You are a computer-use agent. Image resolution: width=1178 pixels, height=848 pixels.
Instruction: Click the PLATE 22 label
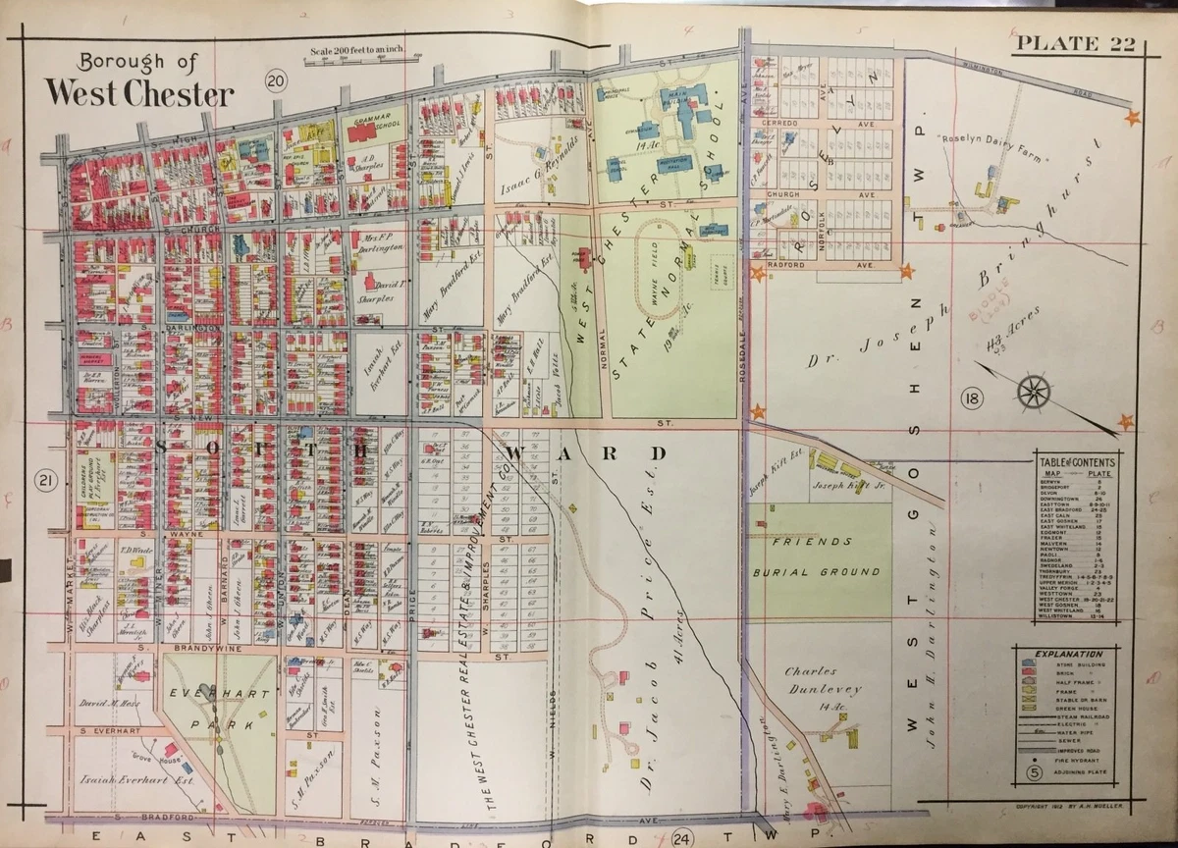[x=1075, y=42]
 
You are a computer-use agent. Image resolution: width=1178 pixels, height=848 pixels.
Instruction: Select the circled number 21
[x=44, y=480]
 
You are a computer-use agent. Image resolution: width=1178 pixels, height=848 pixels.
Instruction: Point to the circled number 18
[x=972, y=398]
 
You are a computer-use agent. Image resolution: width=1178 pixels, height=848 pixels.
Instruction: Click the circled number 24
[x=682, y=837]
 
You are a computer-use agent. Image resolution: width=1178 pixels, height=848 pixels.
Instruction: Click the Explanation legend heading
[x=1068, y=654]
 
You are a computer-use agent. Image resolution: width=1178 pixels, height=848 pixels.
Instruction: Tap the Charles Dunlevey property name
[x=823, y=680]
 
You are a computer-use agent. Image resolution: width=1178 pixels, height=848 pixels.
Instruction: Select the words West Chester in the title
[x=139, y=94]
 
